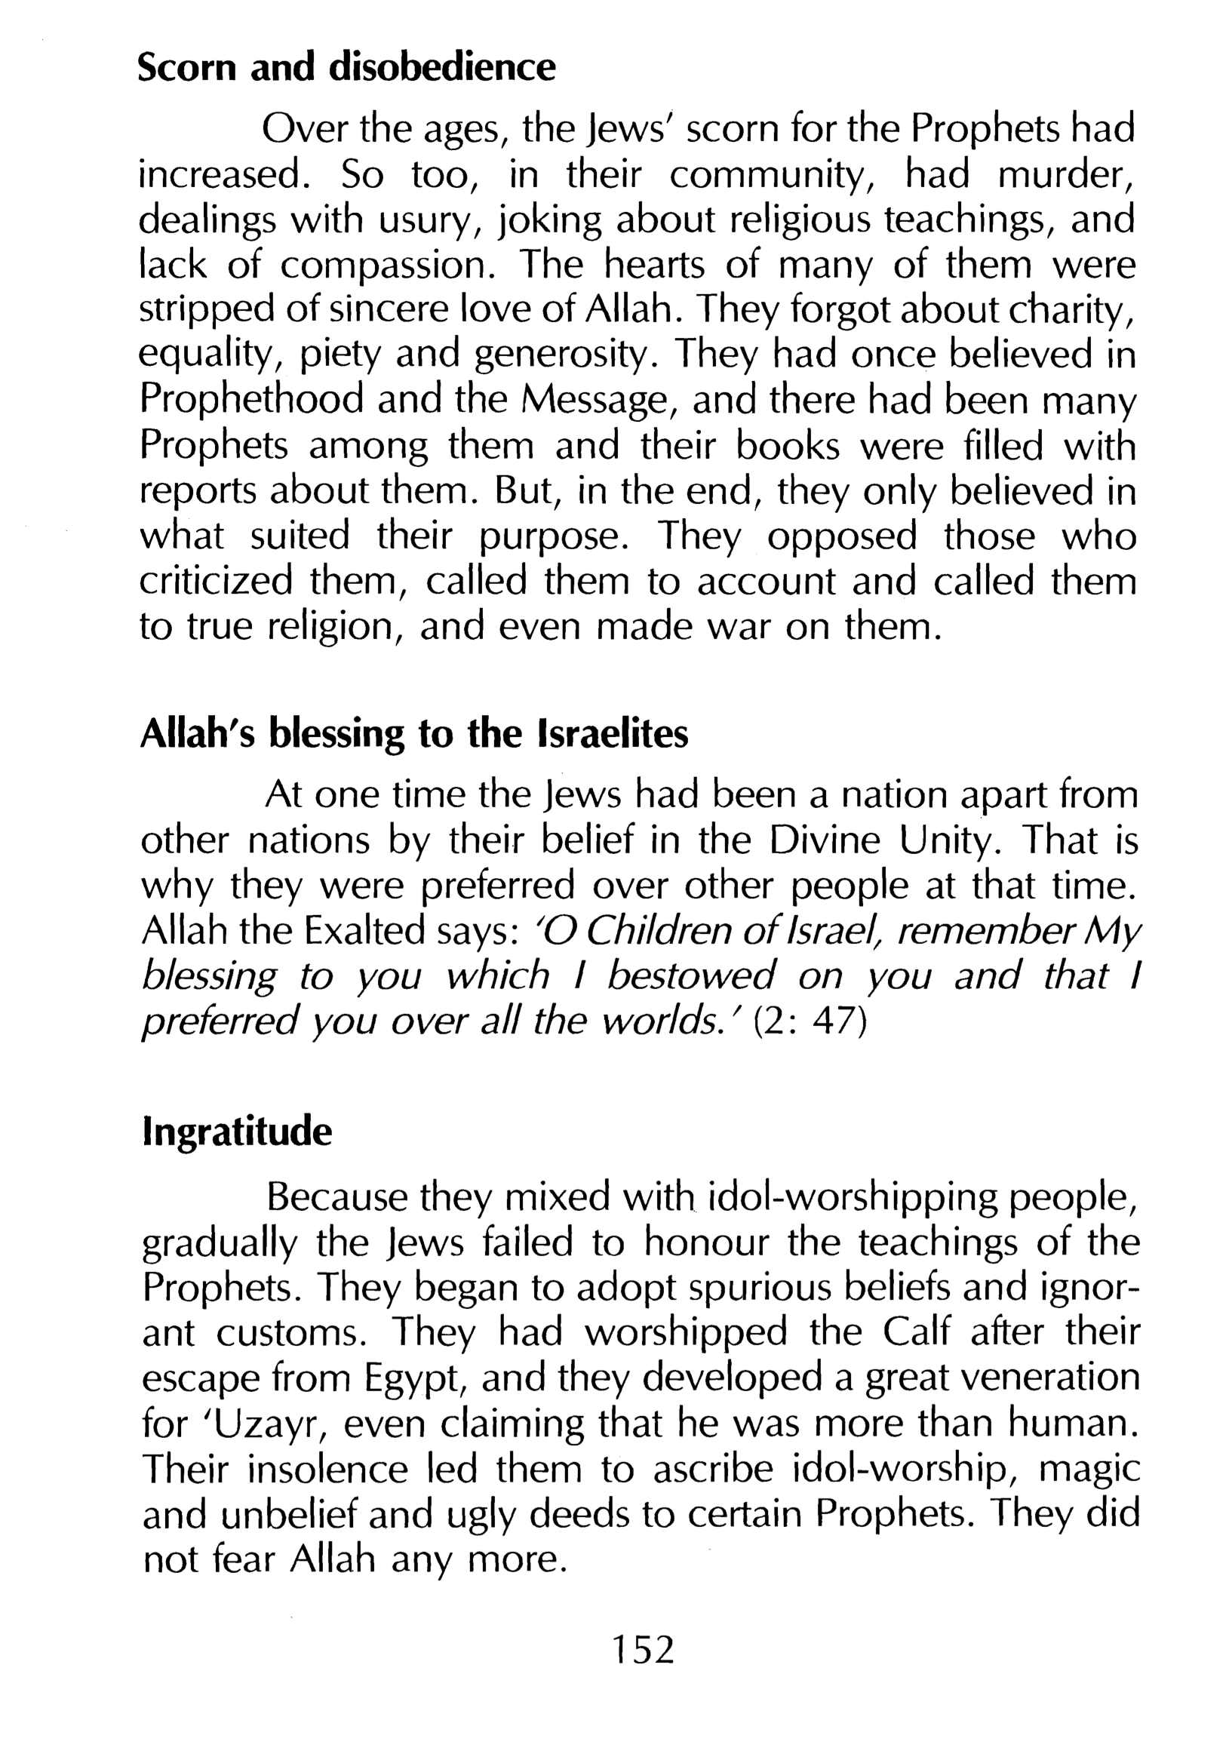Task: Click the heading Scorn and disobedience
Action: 346,67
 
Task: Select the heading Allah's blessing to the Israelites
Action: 414,733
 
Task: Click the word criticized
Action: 217,582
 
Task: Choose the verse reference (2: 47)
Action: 810,1022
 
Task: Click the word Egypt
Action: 416,1379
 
